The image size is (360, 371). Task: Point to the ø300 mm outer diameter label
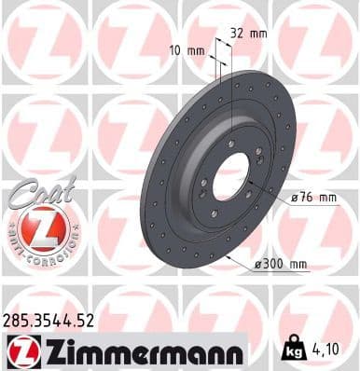coord(281,265)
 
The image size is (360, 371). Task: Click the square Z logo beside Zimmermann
coord(21,350)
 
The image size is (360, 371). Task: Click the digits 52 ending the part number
coord(88,320)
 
